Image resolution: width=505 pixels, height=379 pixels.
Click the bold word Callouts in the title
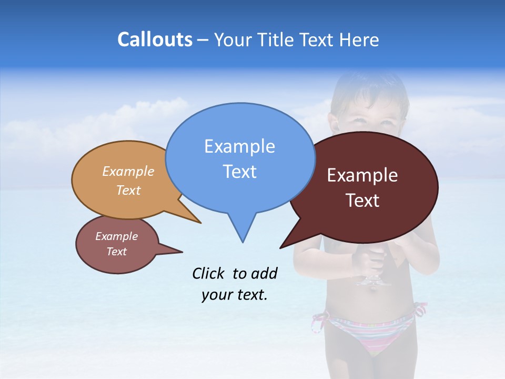[155, 39]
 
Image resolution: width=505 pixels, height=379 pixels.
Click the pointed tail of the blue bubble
[243, 232]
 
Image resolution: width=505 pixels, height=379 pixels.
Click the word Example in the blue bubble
[239, 146]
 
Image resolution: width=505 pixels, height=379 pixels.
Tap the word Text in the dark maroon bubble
[362, 201]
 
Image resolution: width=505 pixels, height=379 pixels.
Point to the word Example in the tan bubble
[128, 172]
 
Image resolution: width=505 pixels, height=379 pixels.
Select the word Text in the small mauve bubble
[116, 252]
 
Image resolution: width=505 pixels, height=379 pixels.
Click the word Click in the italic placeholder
[209, 273]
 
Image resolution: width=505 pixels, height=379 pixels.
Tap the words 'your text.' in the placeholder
[234, 295]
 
